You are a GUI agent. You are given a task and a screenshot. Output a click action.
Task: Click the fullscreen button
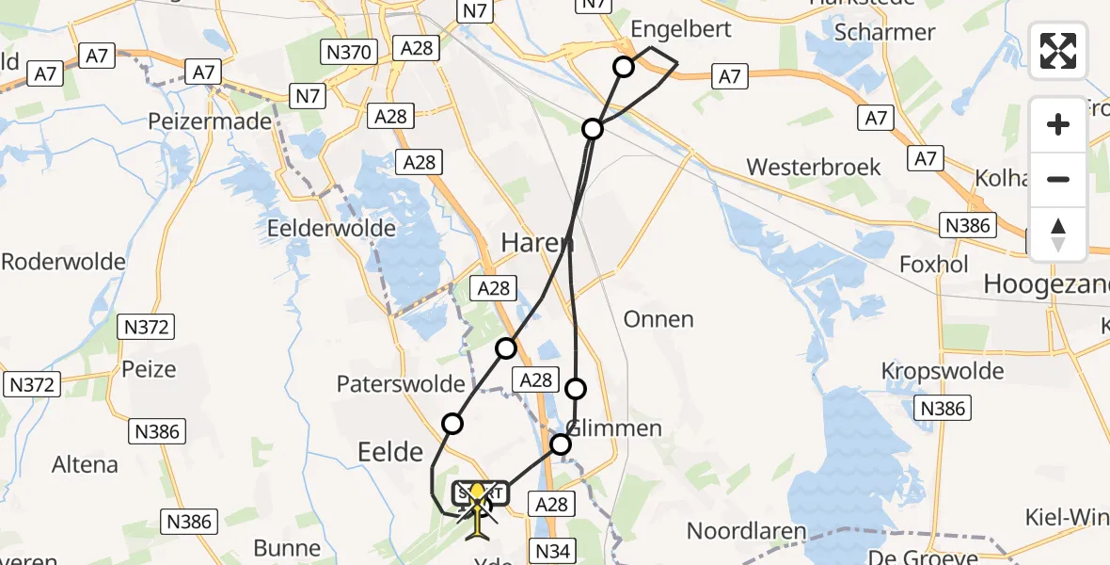(1058, 51)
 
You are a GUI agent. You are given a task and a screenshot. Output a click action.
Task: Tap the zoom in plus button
(1058, 124)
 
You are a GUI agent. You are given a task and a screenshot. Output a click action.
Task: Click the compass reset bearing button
(1058, 234)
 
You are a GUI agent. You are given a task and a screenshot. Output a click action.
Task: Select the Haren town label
(537, 242)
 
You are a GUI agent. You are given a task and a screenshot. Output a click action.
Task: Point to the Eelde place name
(390, 453)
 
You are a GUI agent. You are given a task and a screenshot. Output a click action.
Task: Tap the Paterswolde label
(401, 383)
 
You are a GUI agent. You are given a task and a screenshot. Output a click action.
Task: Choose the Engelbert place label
(681, 30)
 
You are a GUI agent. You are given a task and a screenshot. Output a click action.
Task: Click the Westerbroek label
(814, 168)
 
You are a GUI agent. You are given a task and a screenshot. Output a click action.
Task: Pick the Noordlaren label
(747, 530)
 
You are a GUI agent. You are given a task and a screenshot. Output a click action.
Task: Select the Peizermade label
(210, 121)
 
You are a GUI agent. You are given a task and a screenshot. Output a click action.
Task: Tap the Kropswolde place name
(943, 370)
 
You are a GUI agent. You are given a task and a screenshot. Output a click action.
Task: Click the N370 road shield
(349, 53)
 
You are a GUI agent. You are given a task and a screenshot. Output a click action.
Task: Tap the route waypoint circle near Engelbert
(624, 66)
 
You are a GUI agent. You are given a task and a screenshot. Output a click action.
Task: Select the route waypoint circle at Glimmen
(561, 444)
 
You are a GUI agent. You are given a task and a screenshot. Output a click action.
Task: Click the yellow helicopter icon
(478, 509)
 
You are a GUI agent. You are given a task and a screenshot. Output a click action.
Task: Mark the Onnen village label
(658, 319)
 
